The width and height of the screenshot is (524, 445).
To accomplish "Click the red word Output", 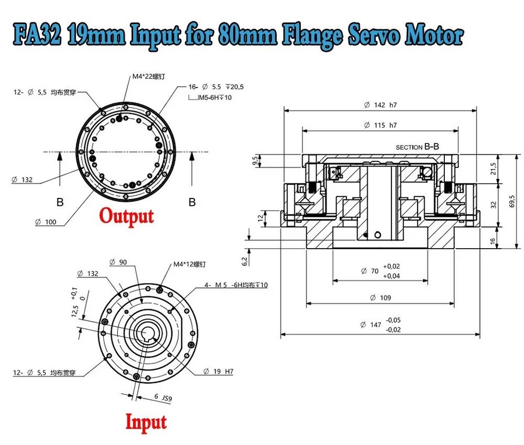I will click(127, 215).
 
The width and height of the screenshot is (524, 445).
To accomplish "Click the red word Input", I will click(146, 422).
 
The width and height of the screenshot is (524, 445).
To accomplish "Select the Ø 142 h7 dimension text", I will click(380, 105).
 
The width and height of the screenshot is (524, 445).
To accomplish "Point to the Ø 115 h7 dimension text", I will click(380, 125).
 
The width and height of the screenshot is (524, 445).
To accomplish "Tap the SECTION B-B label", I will click(417, 147).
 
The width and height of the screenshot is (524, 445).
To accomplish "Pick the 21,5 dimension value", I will click(495, 169).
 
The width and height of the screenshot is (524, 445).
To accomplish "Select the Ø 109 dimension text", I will click(380, 298).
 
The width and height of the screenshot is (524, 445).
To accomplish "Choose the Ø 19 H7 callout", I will click(218, 371).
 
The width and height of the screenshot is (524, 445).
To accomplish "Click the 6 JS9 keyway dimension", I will click(164, 398).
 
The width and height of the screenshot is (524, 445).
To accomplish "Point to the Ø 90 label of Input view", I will click(118, 262).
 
